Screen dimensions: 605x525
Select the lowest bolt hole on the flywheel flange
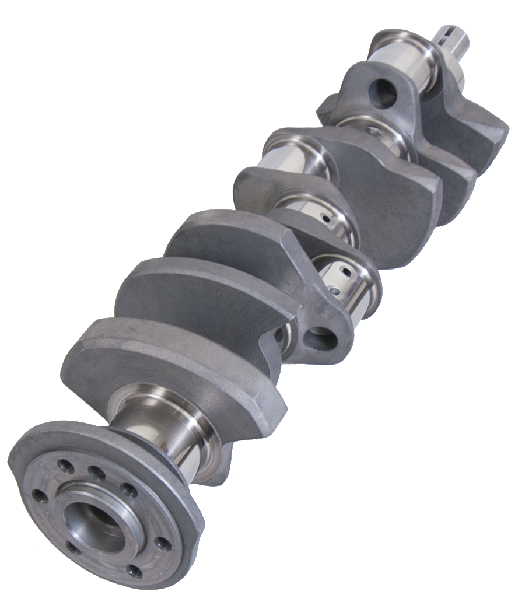coord(135,571)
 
